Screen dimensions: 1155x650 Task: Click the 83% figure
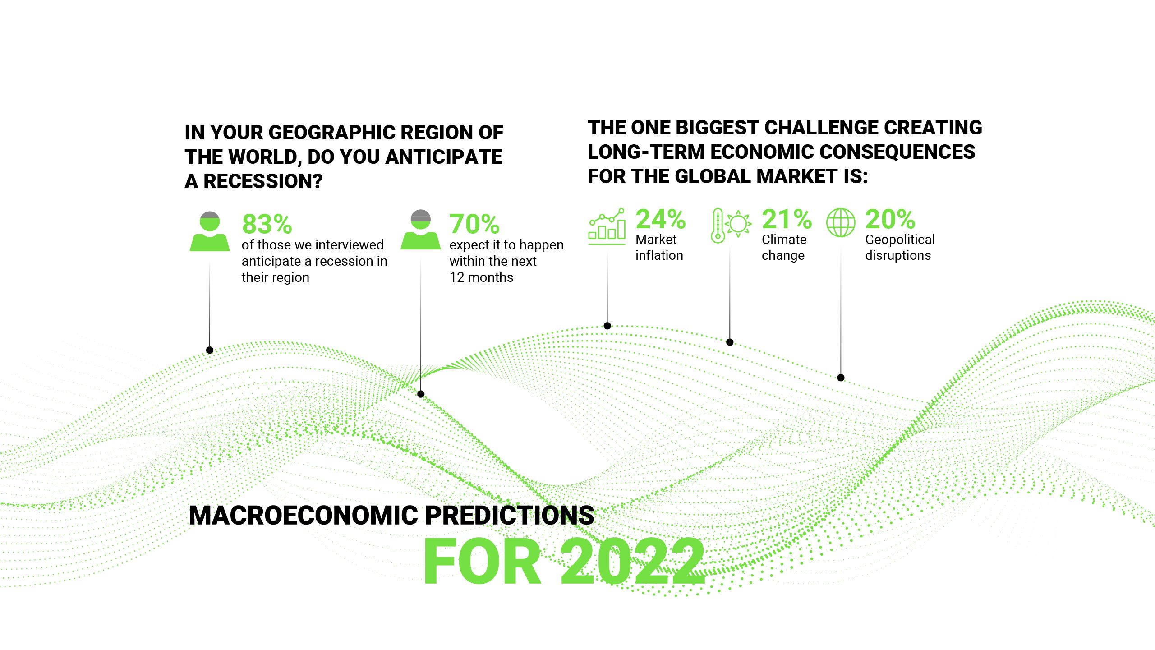tap(267, 224)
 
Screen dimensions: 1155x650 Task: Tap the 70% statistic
tap(474, 224)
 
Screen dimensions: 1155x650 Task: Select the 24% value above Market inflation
tap(661, 219)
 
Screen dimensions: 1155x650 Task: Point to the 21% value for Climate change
tap(787, 219)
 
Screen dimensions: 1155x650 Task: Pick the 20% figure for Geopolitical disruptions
tap(890, 219)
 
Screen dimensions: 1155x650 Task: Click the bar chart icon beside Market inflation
tap(607, 226)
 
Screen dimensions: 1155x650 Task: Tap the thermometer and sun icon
tap(731, 226)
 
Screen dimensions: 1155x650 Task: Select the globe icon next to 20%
tap(841, 222)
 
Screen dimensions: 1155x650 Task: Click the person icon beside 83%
tap(210, 231)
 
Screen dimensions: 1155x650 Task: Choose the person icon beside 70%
tap(421, 230)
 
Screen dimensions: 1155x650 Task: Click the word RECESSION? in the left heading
tap(263, 181)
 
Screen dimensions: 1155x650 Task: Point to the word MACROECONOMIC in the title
tap(304, 515)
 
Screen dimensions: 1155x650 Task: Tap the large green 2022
tap(632, 562)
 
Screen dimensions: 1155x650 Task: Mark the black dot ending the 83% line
tap(210, 350)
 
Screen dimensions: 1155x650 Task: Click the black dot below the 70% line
tap(421, 394)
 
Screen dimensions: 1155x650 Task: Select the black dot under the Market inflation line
tap(607, 326)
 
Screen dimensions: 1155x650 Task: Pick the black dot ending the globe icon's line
tap(841, 378)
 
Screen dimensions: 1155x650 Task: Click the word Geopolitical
tap(900, 240)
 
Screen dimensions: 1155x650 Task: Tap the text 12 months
tap(481, 277)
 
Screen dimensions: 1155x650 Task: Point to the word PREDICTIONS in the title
tap(510, 515)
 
